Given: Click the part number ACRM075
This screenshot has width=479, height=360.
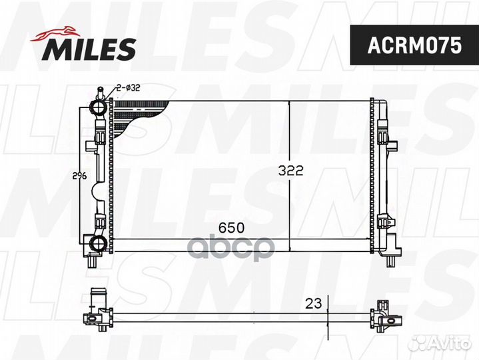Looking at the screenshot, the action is [x=414, y=45].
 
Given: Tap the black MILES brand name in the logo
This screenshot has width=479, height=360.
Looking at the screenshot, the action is [x=89, y=49].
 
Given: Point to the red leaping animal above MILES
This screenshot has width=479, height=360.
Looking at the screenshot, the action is [x=55, y=33].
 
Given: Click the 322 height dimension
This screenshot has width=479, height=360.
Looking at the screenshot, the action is [x=290, y=171].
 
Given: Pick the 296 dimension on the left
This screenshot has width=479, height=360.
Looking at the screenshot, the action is [x=79, y=176].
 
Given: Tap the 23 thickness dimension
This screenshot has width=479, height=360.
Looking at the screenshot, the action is [x=314, y=303].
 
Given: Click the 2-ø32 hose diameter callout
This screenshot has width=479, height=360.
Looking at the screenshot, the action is [x=128, y=88].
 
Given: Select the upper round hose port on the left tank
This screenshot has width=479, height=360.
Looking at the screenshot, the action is [x=98, y=107].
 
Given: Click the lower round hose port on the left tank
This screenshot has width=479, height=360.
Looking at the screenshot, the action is [x=98, y=243].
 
